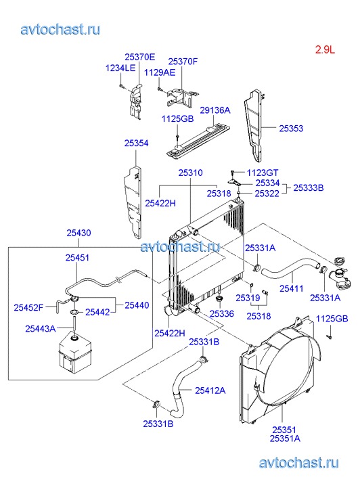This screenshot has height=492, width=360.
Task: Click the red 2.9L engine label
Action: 325,49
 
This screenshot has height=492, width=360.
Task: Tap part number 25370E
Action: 139,57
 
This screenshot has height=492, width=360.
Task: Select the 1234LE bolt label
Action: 120,68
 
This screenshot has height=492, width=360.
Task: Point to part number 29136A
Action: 215,110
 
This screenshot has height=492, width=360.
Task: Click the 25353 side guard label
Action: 291,129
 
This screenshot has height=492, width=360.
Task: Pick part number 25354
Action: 136,143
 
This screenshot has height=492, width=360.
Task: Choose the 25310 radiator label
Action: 191,173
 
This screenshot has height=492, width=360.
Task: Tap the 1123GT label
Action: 263,173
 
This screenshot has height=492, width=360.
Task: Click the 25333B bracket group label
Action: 308,187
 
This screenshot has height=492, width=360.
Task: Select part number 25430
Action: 78,233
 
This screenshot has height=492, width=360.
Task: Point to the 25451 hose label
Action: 77,258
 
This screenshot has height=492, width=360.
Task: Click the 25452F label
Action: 28,307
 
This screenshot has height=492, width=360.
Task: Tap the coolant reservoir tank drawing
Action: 75,354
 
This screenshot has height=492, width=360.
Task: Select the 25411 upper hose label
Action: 292,288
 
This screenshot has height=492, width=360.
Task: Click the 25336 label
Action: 222,314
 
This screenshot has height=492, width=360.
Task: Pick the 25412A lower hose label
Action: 210,390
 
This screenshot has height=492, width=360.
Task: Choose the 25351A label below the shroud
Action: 285,439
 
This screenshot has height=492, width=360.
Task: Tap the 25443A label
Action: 40,328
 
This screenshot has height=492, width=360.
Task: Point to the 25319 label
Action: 248,298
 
